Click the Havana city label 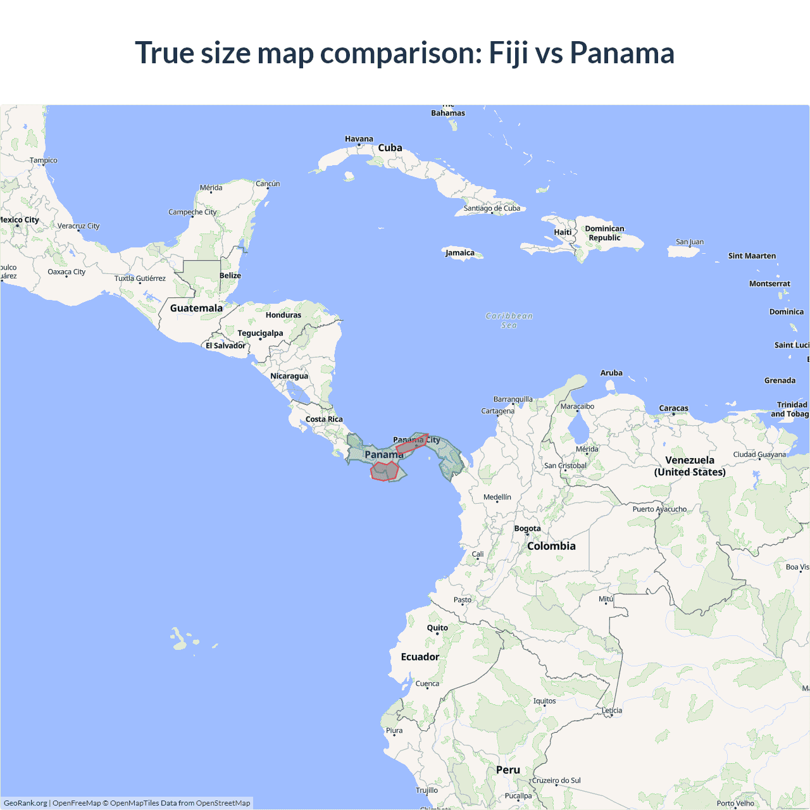coord(359,139)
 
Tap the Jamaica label coord(460,252)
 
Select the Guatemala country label coord(196,308)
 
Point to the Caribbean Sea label coord(509,320)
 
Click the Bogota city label coord(527,528)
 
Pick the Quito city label coord(437,628)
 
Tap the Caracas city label coord(673,408)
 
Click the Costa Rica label coord(324,419)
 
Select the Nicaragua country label coord(289,376)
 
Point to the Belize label coord(230,275)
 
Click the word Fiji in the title coord(509,53)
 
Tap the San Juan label coord(690,242)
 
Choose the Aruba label coord(611,373)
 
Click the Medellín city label coord(497,497)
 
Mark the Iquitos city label coord(544,701)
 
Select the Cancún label coord(268,184)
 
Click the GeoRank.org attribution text coord(25,803)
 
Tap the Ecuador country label coord(420,657)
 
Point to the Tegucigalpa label coord(260,333)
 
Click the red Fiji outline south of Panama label coord(384,471)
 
